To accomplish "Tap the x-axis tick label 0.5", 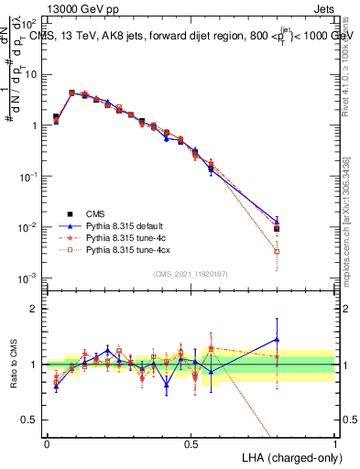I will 191,443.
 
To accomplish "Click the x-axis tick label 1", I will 334,443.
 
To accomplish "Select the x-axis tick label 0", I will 47,443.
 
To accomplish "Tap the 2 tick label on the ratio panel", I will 36,309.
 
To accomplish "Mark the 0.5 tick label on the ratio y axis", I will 32,420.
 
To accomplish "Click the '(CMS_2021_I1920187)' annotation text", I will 191,272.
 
